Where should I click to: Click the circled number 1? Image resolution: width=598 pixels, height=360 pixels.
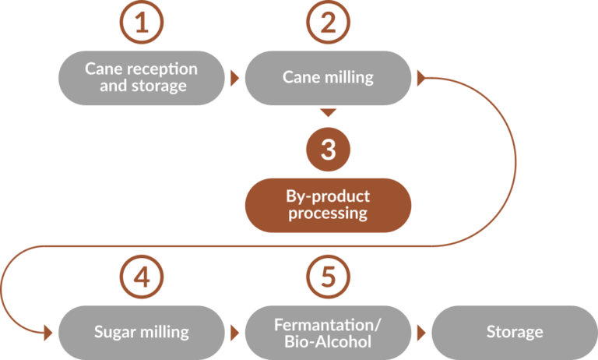141,24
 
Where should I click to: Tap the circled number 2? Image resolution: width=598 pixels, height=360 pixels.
329,24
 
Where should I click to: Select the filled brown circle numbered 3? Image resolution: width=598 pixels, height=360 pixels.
329,150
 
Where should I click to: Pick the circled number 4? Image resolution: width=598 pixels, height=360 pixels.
141,276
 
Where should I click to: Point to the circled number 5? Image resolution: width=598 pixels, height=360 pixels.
329,276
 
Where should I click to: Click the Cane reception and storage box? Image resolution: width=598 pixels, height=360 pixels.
141,78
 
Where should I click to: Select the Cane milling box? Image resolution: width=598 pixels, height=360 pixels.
328,78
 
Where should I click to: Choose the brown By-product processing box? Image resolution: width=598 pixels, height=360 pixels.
328,205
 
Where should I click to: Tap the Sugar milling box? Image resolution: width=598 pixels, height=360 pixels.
141,332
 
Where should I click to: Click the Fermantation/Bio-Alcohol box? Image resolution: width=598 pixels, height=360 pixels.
328,332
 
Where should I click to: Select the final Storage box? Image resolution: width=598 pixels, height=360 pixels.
514,332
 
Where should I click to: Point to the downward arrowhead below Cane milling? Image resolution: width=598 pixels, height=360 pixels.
329,112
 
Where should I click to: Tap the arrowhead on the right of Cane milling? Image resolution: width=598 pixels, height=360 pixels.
422,78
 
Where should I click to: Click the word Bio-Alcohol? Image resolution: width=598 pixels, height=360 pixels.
328,340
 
